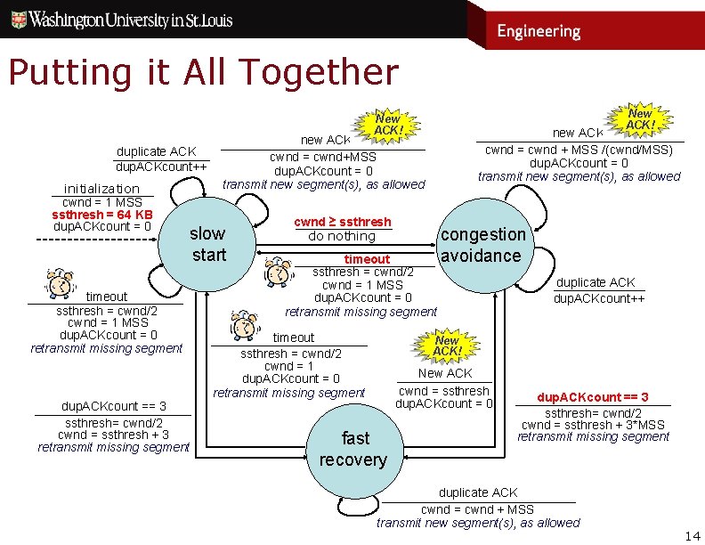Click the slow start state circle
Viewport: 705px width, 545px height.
tap(207, 244)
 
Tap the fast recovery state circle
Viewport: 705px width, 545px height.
tap(354, 449)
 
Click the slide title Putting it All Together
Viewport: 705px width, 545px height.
tap(203, 72)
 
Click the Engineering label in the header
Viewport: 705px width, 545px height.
tap(539, 31)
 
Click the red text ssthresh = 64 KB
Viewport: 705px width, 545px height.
tap(102, 215)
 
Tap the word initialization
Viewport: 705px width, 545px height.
tap(101, 188)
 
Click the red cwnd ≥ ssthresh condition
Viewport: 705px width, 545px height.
tap(343, 221)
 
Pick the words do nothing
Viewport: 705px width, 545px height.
tap(342, 236)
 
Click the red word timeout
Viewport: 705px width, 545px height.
tap(367, 259)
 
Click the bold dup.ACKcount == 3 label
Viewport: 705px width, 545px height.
tap(593, 396)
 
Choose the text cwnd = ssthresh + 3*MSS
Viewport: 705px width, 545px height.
tap(593, 425)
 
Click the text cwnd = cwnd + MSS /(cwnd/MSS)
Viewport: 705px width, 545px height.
tap(579, 150)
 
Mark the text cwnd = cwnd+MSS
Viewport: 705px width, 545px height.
tap(323, 158)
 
